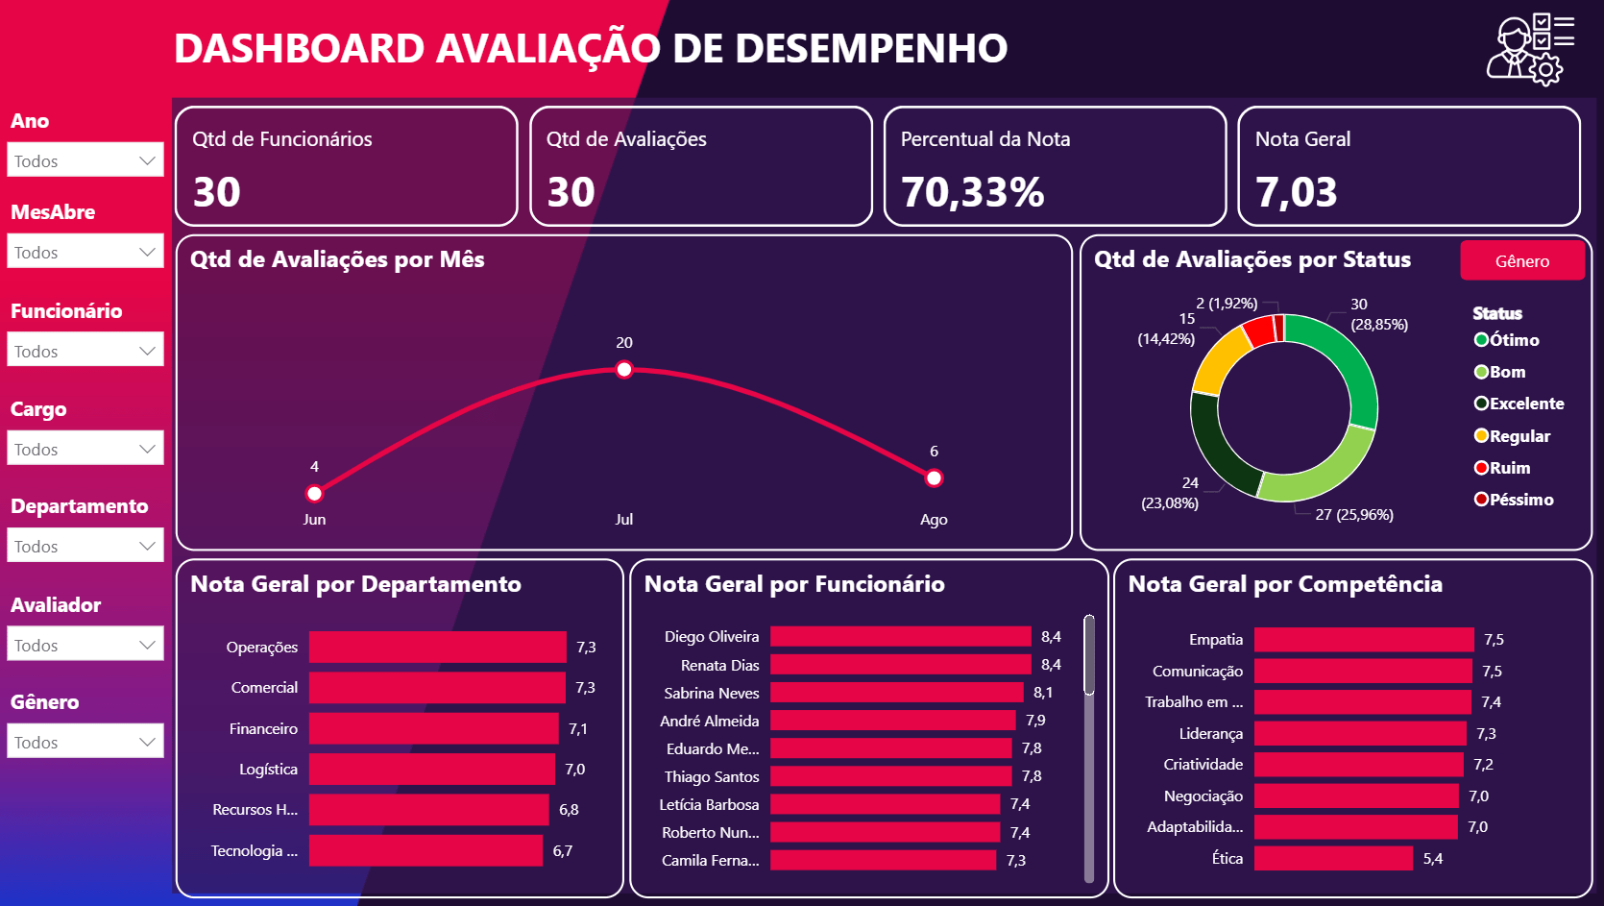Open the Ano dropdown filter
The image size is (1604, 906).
pos(85,160)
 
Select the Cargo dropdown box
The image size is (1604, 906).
pos(85,449)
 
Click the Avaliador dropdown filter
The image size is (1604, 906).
pos(85,645)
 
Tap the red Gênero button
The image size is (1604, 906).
pos(1521,261)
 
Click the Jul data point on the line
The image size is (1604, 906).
pos(624,370)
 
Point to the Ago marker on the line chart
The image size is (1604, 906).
pos(934,478)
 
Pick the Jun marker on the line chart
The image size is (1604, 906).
pos(314,494)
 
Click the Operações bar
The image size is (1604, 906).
pos(437,648)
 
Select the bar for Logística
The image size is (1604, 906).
pos(431,770)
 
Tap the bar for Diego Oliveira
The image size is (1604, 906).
pos(900,637)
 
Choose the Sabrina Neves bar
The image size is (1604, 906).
pos(896,693)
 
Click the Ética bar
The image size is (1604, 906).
pos(1333,859)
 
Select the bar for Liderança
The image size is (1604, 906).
pos(1360,734)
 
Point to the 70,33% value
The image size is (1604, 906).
pos(972,192)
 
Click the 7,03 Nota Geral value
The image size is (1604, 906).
pos(1296,192)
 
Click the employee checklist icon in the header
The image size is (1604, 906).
pos(1529,50)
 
